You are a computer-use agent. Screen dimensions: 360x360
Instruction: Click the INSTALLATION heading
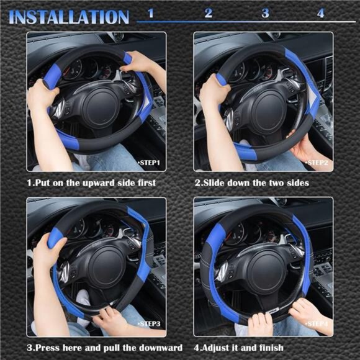(x=68, y=16)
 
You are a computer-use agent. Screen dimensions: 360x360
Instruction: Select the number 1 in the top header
(x=151, y=12)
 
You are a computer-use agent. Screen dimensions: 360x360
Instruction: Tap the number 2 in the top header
(x=208, y=12)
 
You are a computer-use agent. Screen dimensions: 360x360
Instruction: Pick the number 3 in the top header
(x=265, y=12)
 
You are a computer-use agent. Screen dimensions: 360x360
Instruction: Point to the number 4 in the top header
(x=320, y=12)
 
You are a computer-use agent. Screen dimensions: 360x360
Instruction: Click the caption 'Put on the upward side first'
(x=91, y=183)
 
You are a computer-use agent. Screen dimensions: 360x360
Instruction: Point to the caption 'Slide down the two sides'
(x=251, y=183)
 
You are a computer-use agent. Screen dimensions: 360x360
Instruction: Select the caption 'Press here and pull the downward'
(x=104, y=348)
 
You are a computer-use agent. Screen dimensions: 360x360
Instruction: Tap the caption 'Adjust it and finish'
(x=239, y=348)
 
